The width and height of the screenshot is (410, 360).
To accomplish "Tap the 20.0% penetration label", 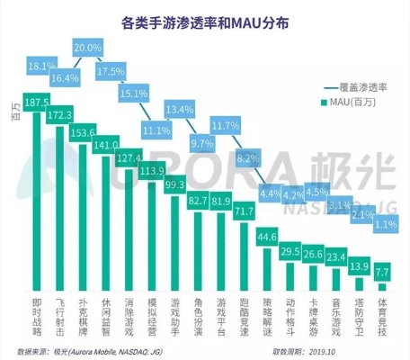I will (x=87, y=47).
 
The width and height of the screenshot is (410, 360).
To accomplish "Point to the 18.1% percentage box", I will (x=41, y=66).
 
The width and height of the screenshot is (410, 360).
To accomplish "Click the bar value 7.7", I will (x=381, y=269).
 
